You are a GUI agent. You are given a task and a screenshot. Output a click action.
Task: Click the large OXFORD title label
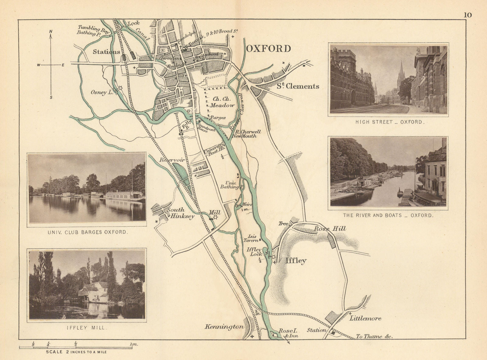[268, 49]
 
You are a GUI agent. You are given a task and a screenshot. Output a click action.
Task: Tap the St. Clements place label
[298, 86]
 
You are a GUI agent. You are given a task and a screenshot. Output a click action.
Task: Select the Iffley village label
[296, 261]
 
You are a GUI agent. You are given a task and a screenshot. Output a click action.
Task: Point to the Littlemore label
[365, 319]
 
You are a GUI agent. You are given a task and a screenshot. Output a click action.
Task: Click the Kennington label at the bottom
[224, 327]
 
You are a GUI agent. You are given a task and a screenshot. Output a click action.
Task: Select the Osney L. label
[102, 93]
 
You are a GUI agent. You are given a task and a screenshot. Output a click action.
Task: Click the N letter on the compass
[51, 31]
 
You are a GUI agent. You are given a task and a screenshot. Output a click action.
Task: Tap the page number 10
[468, 15]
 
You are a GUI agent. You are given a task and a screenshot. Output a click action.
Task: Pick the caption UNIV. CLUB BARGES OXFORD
[87, 232]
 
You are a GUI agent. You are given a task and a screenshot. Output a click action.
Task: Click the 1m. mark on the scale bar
[134, 344]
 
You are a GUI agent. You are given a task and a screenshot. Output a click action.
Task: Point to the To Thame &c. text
[374, 337]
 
